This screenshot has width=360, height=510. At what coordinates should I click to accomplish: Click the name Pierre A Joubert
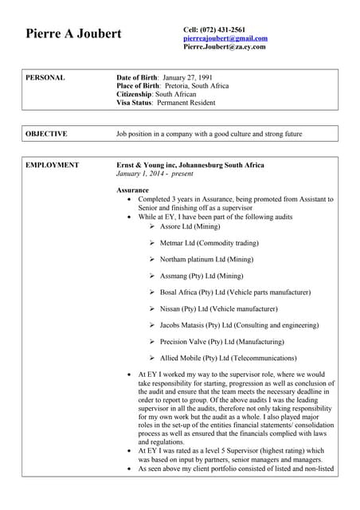point(74,34)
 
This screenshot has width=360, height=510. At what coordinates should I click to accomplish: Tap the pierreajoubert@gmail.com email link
point(225,37)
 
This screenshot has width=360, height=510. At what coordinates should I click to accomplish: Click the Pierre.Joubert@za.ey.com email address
point(224,46)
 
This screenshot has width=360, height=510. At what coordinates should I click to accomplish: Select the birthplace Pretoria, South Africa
point(195,85)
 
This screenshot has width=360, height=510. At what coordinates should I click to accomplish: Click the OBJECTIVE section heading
point(46,134)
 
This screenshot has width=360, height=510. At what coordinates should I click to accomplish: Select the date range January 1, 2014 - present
point(155,173)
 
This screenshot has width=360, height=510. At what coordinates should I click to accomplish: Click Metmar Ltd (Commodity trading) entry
point(209,243)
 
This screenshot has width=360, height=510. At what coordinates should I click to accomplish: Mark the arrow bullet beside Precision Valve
point(151,342)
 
